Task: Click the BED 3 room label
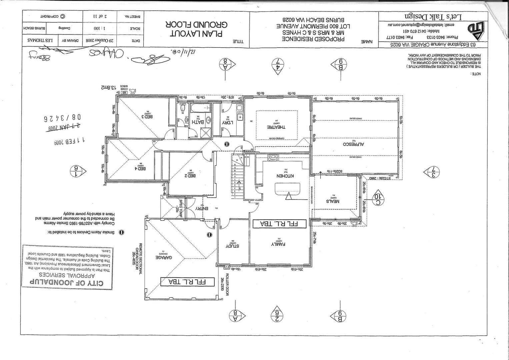click(x=148, y=116)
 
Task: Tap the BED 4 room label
click(x=140, y=168)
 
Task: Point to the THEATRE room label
click(x=276, y=127)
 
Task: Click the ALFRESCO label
click(x=353, y=144)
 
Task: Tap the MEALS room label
click(x=333, y=201)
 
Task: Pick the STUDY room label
click(x=233, y=246)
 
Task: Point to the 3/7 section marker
click(x=433, y=172)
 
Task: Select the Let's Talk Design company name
click(x=433, y=16)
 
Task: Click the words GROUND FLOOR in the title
click(x=196, y=24)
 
